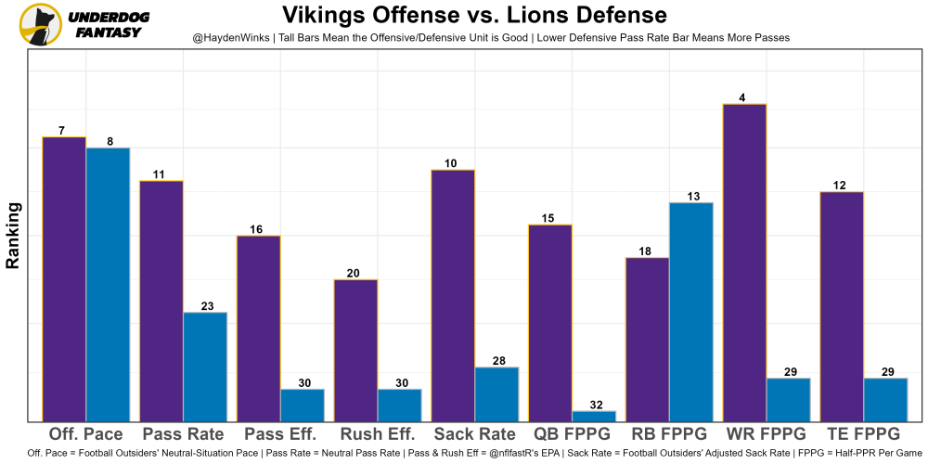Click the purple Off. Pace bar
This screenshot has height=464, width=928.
[64, 279]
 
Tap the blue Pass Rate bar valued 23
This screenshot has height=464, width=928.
[205, 367]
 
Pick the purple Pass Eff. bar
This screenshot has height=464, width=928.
[259, 329]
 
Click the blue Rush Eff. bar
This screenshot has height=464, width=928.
[399, 406]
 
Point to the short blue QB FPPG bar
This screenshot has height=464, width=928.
[593, 416]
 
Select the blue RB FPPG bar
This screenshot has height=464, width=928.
[691, 312]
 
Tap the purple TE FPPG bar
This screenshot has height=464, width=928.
[841, 306]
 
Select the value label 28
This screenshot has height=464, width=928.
[496, 361]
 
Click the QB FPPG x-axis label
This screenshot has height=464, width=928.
[572, 434]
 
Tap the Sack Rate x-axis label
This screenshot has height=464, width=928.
[474, 434]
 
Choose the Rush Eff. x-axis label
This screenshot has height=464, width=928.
[378, 434]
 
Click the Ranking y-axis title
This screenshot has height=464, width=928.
[13, 236]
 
